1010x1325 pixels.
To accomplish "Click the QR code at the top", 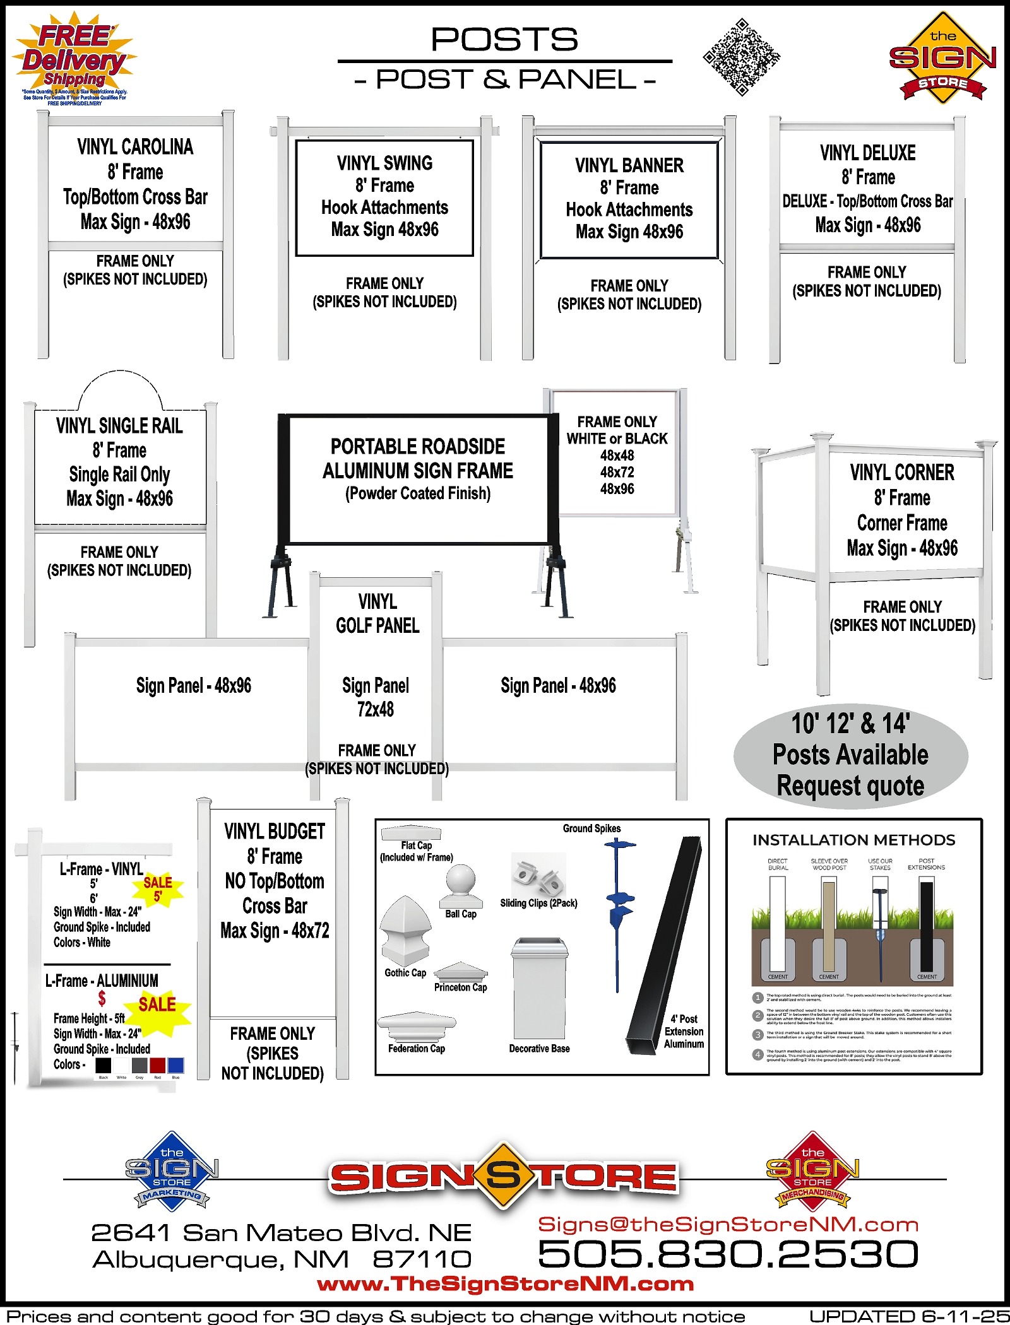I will click(742, 57).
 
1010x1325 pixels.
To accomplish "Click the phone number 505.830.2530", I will click(728, 1253).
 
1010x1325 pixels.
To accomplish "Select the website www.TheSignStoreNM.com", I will click(505, 1283).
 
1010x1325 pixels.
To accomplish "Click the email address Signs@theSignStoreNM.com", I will click(728, 1224).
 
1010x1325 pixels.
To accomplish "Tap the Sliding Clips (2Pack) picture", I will click(538, 874).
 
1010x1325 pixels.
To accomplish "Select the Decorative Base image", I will click(540, 988).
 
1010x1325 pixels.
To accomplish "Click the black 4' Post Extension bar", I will click(663, 946).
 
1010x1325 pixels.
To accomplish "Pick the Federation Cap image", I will click(417, 1026).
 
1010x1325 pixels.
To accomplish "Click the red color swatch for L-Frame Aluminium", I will click(157, 1066).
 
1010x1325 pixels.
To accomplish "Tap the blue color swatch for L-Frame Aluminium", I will click(175, 1066).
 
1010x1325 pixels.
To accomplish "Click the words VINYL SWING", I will click(384, 163).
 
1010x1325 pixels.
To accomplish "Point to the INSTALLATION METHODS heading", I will click(853, 840).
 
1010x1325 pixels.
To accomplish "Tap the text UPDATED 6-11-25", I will click(909, 1316).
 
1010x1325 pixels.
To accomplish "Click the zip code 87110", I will click(422, 1259).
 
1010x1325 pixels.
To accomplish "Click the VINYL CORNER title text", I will click(902, 473).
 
